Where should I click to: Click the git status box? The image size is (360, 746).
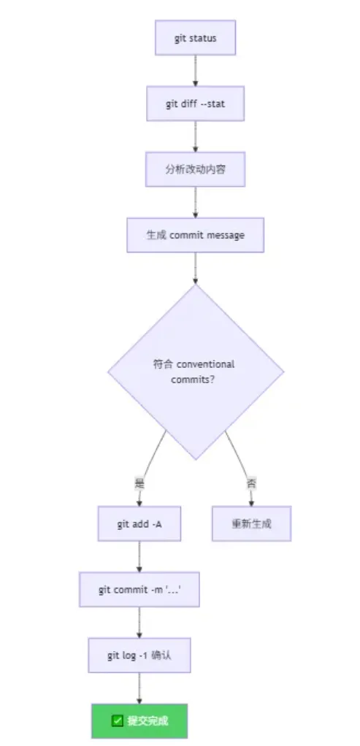tap(195, 37)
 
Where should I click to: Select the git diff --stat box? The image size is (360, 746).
tap(195, 103)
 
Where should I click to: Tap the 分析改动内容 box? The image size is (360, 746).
tap(195, 169)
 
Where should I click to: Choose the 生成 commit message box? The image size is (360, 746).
tap(195, 235)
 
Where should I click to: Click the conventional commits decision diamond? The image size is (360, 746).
tap(196, 372)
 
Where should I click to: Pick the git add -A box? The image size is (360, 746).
tap(139, 523)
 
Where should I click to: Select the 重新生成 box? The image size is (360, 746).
tap(251, 523)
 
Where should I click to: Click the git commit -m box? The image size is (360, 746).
tap(139, 590)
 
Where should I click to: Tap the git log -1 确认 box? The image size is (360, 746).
tap(139, 655)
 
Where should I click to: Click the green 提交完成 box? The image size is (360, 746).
tap(139, 720)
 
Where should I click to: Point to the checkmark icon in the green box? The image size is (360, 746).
tap(117, 720)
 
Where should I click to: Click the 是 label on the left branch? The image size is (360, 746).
tap(139, 485)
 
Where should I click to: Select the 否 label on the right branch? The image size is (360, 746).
tap(251, 485)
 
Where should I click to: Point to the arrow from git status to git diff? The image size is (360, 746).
tap(195, 70)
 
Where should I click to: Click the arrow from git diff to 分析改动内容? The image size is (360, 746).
tap(195, 136)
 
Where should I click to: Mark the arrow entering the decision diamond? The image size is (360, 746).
tap(195, 269)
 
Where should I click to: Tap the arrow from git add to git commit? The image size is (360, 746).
tap(139, 557)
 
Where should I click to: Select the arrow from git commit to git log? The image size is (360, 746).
tap(139, 623)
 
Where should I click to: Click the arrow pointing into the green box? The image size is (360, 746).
tap(139, 688)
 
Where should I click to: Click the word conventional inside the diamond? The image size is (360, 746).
tap(206, 364)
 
